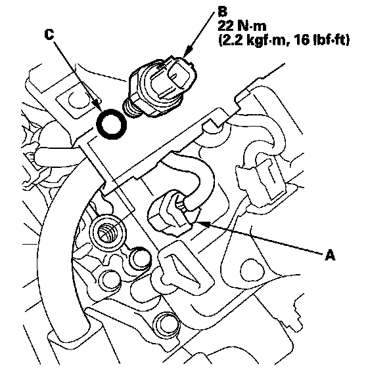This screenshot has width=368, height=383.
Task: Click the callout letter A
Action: coord(330,255)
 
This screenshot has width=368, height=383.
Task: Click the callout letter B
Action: coord(222,12)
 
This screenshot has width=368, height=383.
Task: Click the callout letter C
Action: coord(49,35)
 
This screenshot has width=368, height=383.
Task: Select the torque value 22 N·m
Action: coord(242,26)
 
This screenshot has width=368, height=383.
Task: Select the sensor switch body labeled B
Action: coord(160,87)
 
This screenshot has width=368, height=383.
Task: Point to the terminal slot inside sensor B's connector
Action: coord(173,77)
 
